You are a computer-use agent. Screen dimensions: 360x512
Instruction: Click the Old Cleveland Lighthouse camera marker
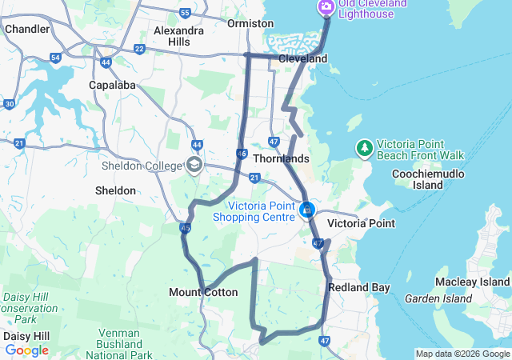(326, 8)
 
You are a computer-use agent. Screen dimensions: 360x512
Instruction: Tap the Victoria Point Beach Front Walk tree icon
(365, 147)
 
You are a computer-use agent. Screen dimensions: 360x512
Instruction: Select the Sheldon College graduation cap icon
(194, 166)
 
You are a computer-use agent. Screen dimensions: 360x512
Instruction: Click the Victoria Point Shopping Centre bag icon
(306, 210)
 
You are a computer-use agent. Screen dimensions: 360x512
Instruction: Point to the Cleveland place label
(302, 59)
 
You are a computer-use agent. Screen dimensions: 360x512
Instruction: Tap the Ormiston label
(250, 24)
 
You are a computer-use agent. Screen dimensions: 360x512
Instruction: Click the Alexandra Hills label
(178, 36)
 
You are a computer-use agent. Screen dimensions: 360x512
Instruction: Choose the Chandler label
(26, 29)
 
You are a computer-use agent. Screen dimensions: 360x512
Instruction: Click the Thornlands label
(281, 158)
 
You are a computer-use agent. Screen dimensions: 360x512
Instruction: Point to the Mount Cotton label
(203, 293)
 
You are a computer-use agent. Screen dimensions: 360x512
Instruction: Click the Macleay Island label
(472, 282)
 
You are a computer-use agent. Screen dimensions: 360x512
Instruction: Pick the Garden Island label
(438, 299)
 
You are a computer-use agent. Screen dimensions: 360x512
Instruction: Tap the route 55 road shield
(186, 13)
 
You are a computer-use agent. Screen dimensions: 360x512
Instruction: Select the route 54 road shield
(55, 58)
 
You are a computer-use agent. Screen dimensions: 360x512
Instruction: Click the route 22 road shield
(139, 50)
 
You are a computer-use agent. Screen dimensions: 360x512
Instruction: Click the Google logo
(26, 350)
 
